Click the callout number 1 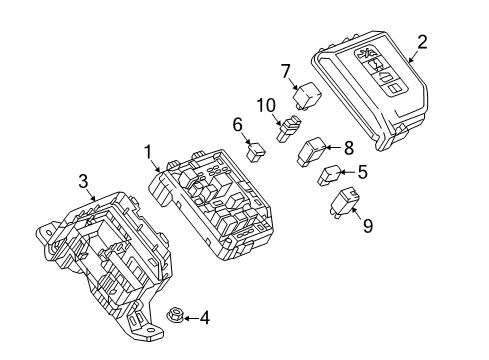pos(147,152)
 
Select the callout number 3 pos(84,180)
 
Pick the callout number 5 pos(361,171)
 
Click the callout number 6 pos(238,124)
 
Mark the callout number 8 pos(348,146)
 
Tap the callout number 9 pos(367,226)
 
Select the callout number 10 pos(264,105)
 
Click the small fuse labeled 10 pos(290,125)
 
